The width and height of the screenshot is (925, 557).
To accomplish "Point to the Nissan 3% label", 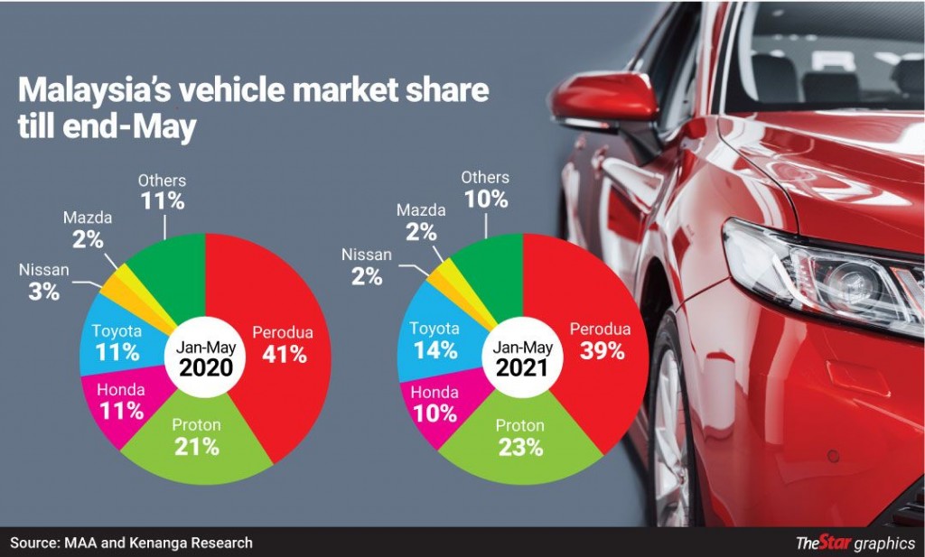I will [x=42, y=281].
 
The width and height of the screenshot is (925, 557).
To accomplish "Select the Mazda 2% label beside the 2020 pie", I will [x=89, y=229].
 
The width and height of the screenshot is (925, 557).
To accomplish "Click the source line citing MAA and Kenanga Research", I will [x=132, y=543].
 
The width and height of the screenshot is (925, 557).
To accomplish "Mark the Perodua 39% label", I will [x=600, y=341].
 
